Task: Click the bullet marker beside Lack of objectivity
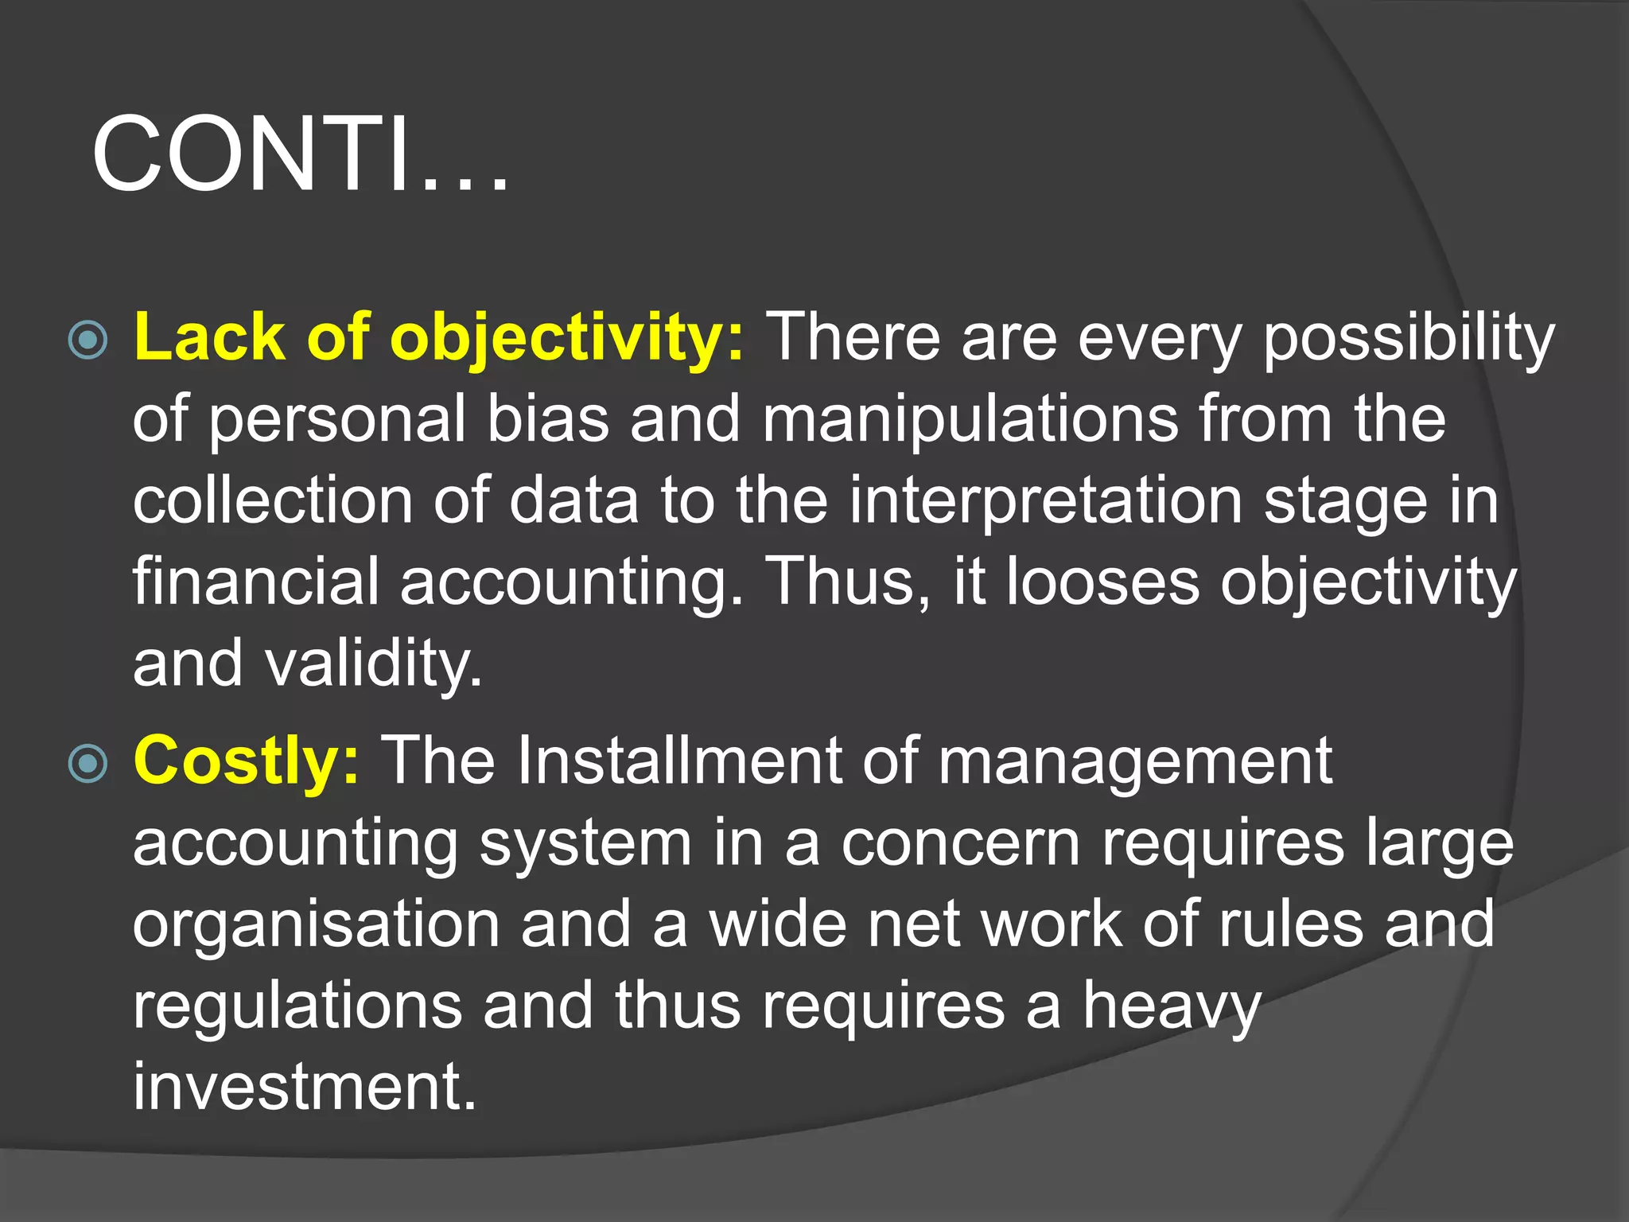[87, 341]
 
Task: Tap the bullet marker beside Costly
[87, 764]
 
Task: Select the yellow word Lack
[209, 337]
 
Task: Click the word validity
[374, 664]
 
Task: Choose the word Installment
[679, 761]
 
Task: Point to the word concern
[960, 843]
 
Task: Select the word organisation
[316, 925]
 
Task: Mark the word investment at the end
[304, 1087]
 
